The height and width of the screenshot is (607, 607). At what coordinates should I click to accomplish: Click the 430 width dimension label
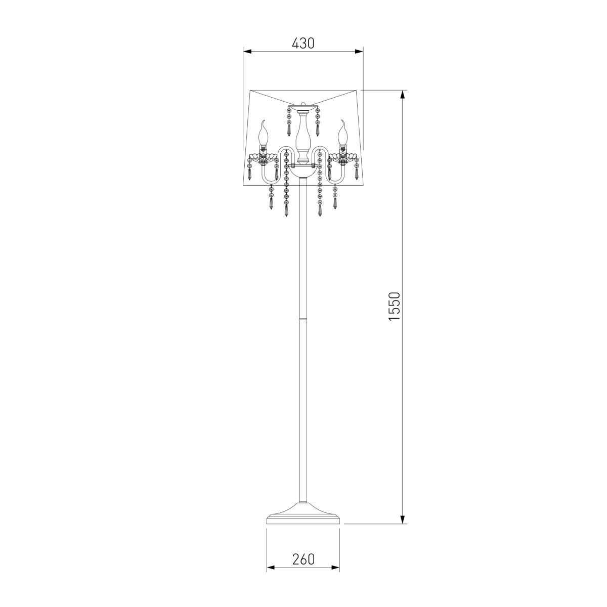click(303, 44)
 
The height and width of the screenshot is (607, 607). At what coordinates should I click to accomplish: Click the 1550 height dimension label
click(395, 306)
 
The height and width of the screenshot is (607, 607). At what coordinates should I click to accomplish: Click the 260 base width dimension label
click(303, 559)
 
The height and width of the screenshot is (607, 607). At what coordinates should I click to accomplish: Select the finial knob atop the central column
click(303, 104)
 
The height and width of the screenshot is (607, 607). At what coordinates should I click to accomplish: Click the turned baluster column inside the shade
click(303, 139)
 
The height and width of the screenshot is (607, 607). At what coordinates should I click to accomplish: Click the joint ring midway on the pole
click(303, 319)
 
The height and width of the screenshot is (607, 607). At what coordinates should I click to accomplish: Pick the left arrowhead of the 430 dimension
click(247, 52)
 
